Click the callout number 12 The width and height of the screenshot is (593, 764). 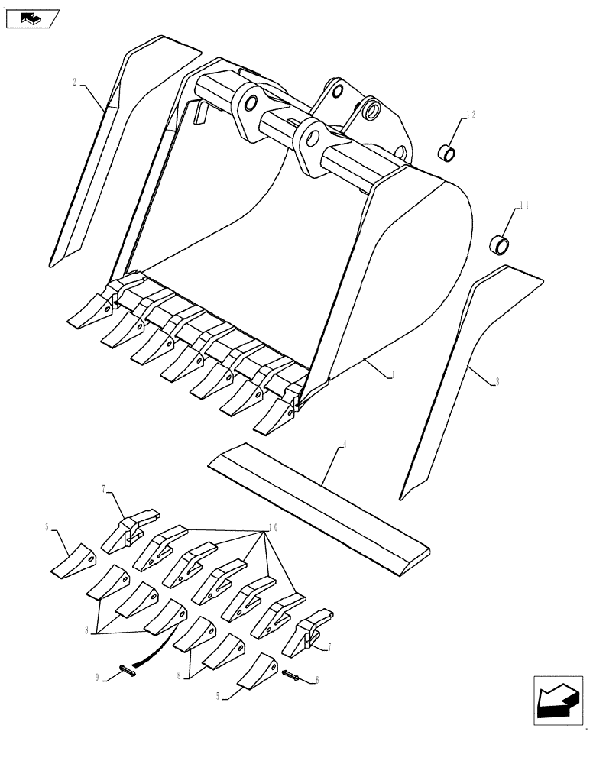(471, 115)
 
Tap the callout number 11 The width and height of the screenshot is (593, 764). (524, 206)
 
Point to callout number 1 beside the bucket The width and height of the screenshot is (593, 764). (393, 374)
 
